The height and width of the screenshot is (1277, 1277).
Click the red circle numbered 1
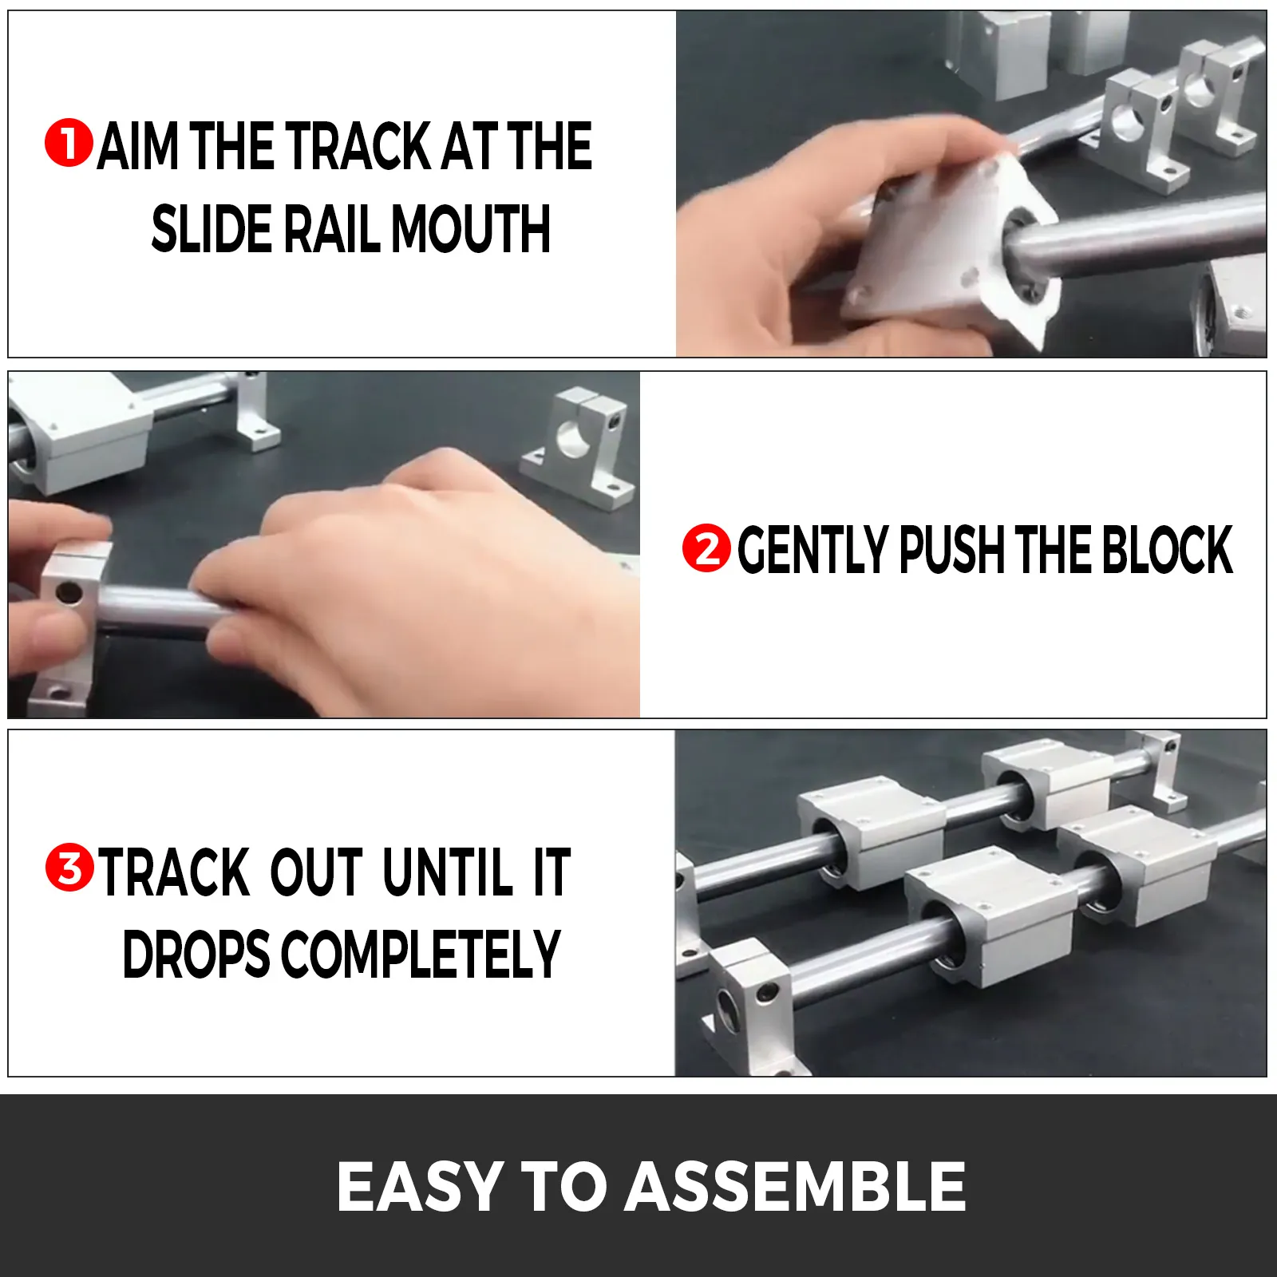pyautogui.click(x=69, y=144)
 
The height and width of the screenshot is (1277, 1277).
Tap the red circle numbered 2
pyautogui.click(x=706, y=548)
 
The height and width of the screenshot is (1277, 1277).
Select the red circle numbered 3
pyautogui.click(x=69, y=868)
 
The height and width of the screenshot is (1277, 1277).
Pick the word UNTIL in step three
pyautogui.click(x=447, y=872)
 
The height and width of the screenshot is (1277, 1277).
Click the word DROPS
pyautogui.click(x=196, y=954)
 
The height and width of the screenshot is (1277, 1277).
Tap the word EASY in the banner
pyautogui.click(x=420, y=1186)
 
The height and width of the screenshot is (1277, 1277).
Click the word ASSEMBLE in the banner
pyautogui.click(x=796, y=1186)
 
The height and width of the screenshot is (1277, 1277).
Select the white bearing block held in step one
pyautogui.click(x=950, y=247)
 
